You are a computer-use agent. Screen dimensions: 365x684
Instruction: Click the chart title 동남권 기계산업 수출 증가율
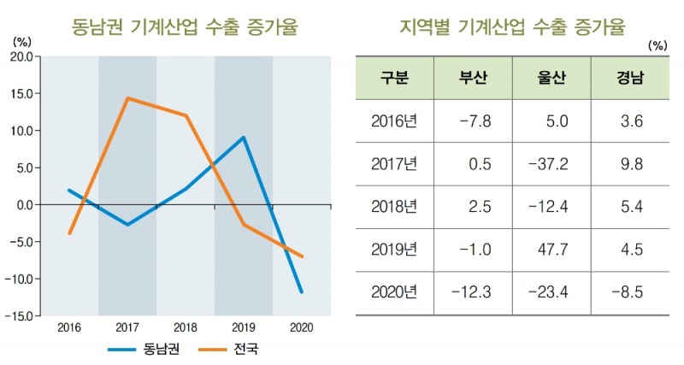(x=185, y=27)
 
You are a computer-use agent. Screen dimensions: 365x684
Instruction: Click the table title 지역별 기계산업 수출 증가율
(x=513, y=27)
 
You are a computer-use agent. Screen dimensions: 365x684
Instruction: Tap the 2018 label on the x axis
(x=186, y=327)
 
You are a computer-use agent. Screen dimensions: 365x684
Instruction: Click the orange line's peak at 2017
(x=127, y=98)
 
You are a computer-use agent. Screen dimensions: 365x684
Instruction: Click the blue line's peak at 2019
(x=244, y=138)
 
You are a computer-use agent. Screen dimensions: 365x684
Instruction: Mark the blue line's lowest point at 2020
(x=302, y=292)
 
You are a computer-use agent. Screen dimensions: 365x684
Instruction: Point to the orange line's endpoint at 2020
(x=302, y=256)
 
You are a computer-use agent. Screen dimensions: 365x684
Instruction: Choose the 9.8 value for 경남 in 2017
(x=630, y=163)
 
